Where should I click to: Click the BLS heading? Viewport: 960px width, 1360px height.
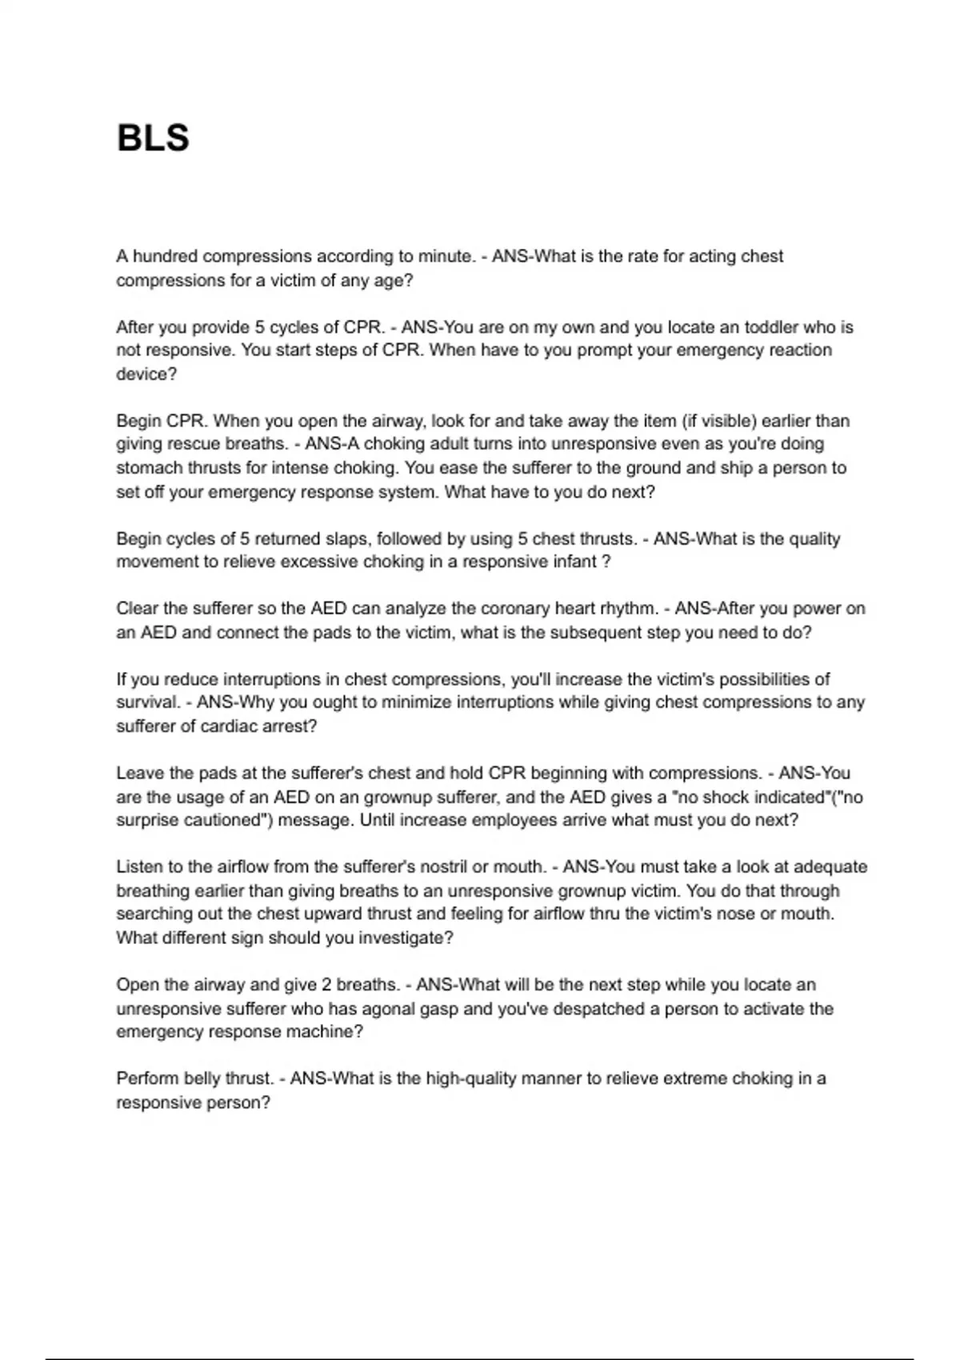[153, 138]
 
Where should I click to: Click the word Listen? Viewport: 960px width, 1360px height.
[138, 867]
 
